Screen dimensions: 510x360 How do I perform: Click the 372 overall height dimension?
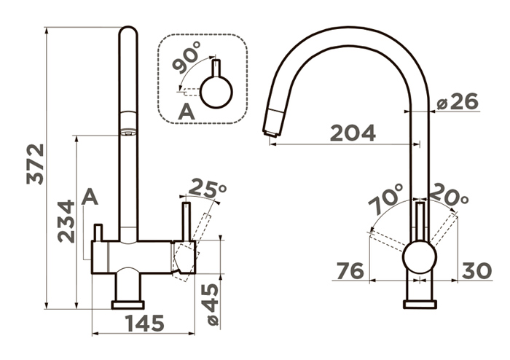point(35,164)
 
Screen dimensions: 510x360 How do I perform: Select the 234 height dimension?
point(66,222)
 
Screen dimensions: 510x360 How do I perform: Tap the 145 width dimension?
point(145,324)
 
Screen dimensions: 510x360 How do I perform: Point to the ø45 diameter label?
point(213,304)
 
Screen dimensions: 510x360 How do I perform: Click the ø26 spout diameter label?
point(458,102)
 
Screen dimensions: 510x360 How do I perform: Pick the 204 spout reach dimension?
point(353,133)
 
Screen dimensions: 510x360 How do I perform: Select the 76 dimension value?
point(350,271)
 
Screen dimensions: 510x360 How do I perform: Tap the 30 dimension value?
point(476,270)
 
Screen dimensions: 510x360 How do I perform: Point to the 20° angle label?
point(449,195)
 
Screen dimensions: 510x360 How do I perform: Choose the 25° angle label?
point(207,187)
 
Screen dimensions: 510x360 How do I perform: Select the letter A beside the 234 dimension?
point(90,197)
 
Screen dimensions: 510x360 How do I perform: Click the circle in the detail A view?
point(216,92)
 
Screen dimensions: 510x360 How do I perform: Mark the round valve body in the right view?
point(419,257)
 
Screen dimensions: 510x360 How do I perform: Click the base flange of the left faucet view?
point(127,305)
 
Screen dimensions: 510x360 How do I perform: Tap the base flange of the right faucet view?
point(420,305)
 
